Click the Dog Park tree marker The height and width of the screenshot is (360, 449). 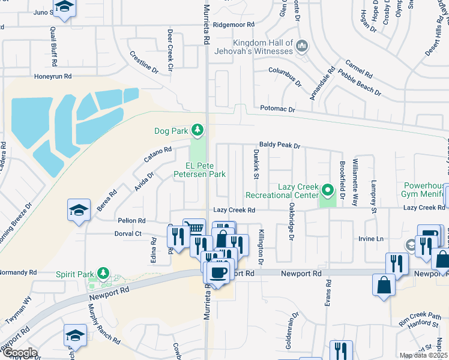(197, 130)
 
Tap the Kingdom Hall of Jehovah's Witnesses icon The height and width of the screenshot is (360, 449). (302, 46)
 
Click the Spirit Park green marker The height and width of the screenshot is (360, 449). (103, 274)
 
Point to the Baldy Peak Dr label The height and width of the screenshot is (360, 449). (279, 145)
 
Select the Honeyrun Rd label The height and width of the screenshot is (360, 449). (53, 76)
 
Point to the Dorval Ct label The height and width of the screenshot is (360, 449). (129, 233)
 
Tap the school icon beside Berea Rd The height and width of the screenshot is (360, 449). (79, 209)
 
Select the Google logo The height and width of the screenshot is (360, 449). (19, 353)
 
